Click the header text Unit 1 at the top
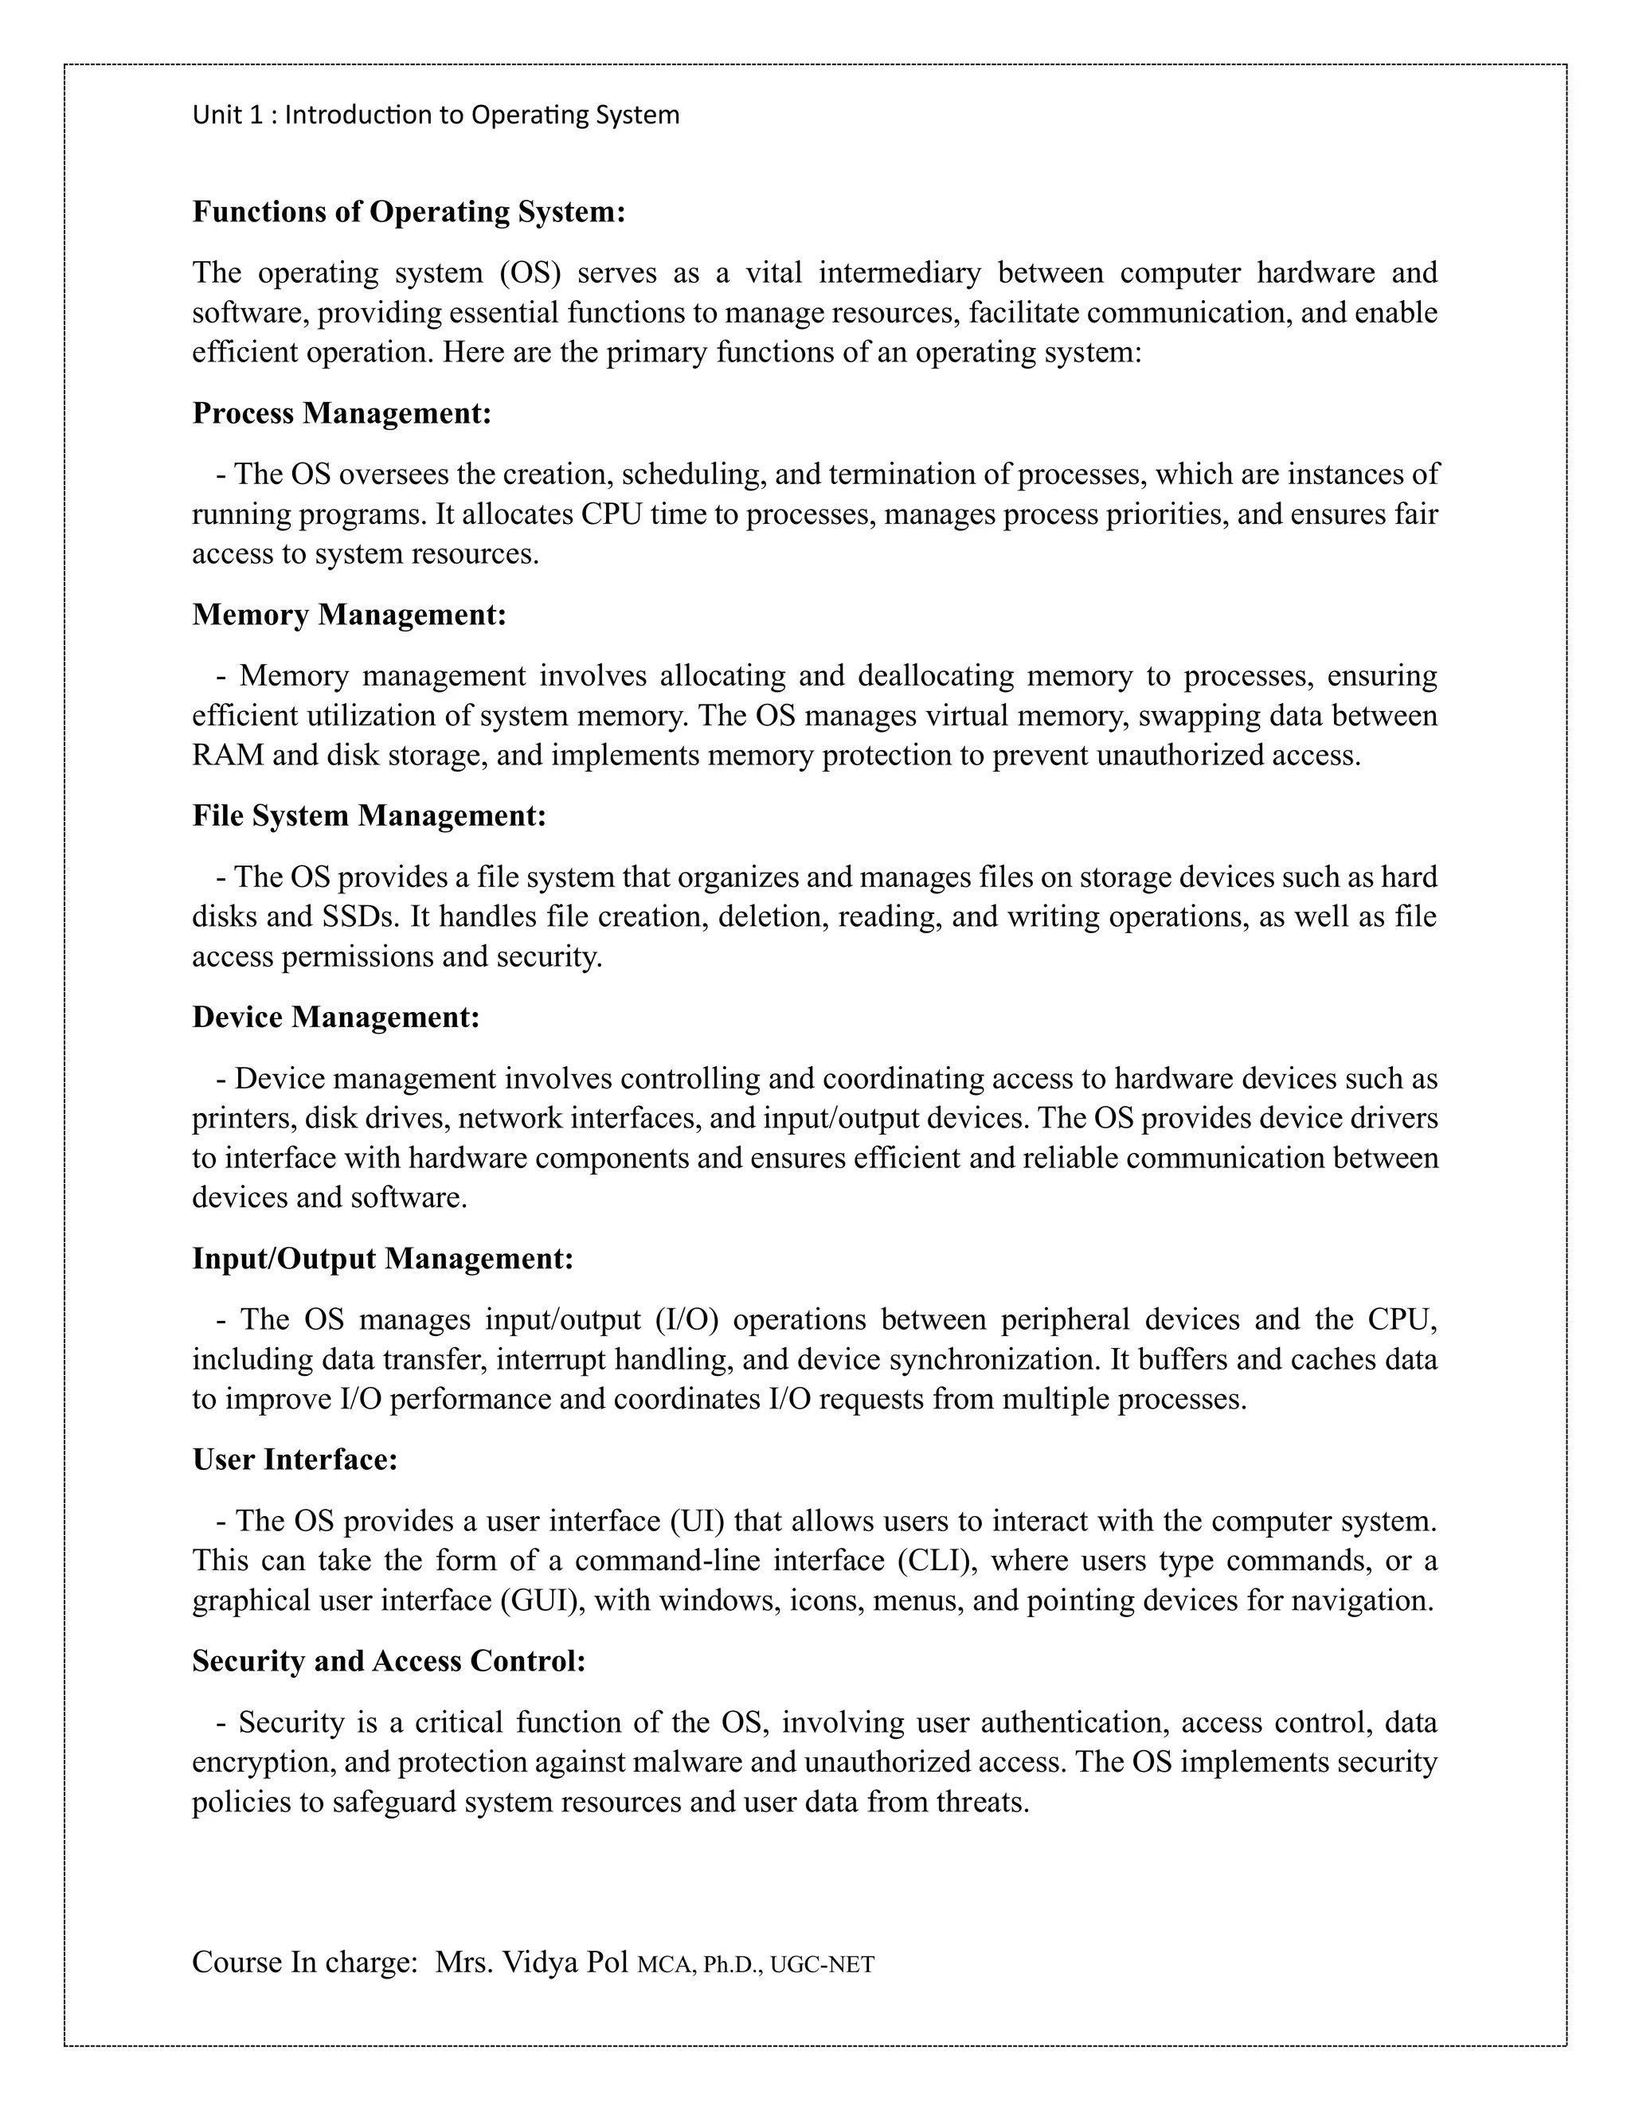(227, 115)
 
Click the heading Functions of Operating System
(409, 212)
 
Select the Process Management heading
(342, 412)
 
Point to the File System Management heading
(369, 815)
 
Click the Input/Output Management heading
(382, 1258)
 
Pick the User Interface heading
(295, 1459)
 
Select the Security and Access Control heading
(389, 1661)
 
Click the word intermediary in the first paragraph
(898, 273)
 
